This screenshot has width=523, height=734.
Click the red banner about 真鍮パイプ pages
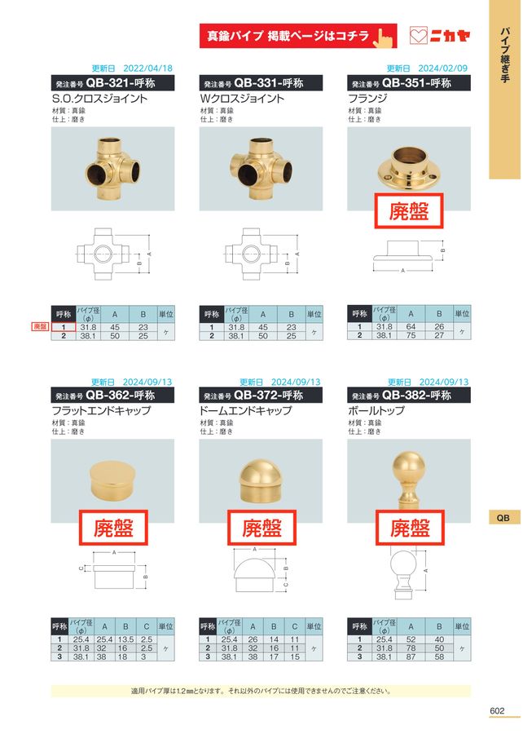coord(297,36)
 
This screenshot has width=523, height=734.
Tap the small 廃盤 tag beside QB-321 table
coord(40,326)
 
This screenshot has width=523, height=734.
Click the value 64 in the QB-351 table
coord(411,327)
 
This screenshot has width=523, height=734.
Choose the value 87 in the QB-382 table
coord(411,657)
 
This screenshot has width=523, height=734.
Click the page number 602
coord(498,710)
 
